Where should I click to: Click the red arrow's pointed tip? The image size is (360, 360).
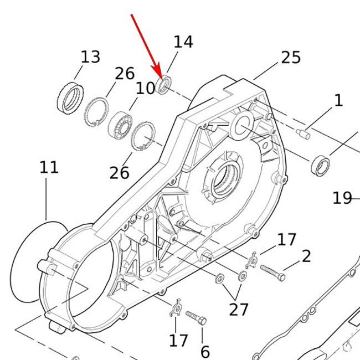[162, 79]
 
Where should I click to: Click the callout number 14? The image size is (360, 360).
[183, 42]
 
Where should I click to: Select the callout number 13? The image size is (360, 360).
[90, 57]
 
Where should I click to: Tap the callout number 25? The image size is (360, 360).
[291, 58]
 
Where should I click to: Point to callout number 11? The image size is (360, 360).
[49, 167]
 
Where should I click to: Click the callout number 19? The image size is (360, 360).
[342, 198]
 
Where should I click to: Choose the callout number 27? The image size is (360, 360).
[239, 310]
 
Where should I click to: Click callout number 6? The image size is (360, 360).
[205, 352]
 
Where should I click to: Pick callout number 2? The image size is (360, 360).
[306, 256]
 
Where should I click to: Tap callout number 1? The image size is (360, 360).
[338, 100]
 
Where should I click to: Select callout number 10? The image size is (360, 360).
[145, 88]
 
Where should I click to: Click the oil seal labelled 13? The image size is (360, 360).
[70, 98]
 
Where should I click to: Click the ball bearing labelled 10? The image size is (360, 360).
[120, 125]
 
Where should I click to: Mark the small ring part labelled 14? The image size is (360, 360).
[163, 84]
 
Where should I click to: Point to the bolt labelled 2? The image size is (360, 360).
[272, 272]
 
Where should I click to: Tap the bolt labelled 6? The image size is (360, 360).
[196, 317]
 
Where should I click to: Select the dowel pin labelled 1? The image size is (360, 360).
[303, 134]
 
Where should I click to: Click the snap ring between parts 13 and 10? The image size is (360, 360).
[96, 112]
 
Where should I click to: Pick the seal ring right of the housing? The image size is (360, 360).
[320, 166]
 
